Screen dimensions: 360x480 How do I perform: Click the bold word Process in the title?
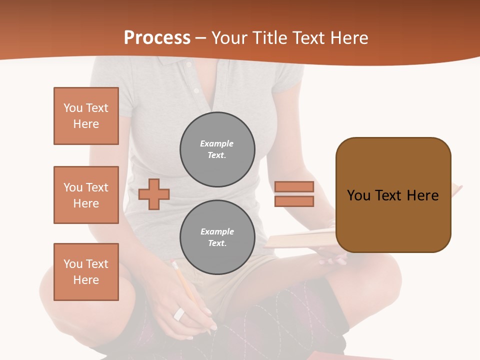(x=157, y=38)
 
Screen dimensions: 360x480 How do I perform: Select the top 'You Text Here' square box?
(x=86, y=116)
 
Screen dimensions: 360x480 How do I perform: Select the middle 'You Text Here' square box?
(x=86, y=195)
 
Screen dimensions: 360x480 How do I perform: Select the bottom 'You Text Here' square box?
(x=86, y=272)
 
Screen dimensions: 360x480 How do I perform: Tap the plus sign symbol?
(x=154, y=194)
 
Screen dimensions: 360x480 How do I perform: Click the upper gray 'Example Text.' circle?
(x=217, y=149)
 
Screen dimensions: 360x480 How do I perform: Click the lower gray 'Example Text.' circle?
(x=217, y=237)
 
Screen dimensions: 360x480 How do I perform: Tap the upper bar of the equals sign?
(x=294, y=186)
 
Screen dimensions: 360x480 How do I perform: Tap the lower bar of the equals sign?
(x=294, y=201)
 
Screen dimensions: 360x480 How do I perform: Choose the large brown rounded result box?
(x=393, y=195)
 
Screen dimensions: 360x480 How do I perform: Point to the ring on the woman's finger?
(x=179, y=314)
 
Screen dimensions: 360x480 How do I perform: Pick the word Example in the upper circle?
(x=216, y=143)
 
